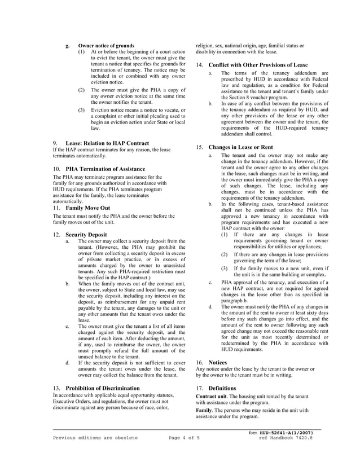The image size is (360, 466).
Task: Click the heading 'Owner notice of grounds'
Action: point(106,46)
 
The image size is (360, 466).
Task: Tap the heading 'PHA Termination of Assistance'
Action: point(106,169)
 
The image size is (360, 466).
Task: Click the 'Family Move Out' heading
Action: point(88,208)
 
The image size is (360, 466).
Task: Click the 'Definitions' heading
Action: point(223,389)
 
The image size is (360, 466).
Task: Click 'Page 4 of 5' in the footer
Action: point(185,438)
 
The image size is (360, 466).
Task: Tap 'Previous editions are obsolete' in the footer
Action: point(95,438)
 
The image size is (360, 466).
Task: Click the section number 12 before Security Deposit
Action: point(56,234)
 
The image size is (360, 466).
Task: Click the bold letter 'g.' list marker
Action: point(68,46)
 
